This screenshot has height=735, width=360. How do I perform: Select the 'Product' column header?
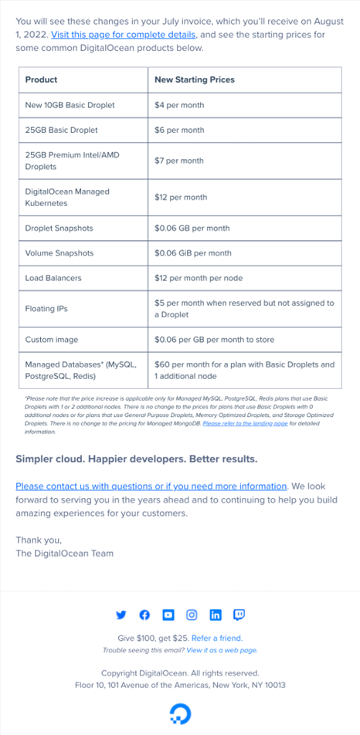pyautogui.click(x=42, y=80)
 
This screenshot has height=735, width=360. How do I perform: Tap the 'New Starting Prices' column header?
pyautogui.click(x=195, y=80)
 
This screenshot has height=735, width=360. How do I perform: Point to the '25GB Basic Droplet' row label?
pyautogui.click(x=62, y=130)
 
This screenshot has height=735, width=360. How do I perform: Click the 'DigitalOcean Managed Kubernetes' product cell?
pyautogui.click(x=67, y=198)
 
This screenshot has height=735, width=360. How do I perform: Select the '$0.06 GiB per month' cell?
pyautogui.click(x=193, y=252)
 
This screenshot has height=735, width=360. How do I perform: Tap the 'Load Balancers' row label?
pyautogui.click(x=53, y=277)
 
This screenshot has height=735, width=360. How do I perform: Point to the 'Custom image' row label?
pyautogui.click(x=52, y=339)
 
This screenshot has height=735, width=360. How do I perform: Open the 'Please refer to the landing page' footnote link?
pyautogui.click(x=246, y=423)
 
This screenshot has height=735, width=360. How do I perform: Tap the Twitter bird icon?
pyautogui.click(x=121, y=615)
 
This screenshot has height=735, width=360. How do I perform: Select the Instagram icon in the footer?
pyautogui.click(x=192, y=615)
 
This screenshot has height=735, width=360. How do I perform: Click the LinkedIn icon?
pyautogui.click(x=216, y=615)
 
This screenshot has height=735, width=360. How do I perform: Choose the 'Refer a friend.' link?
pyautogui.click(x=217, y=638)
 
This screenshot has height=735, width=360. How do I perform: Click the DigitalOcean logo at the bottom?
pyautogui.click(x=180, y=712)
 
